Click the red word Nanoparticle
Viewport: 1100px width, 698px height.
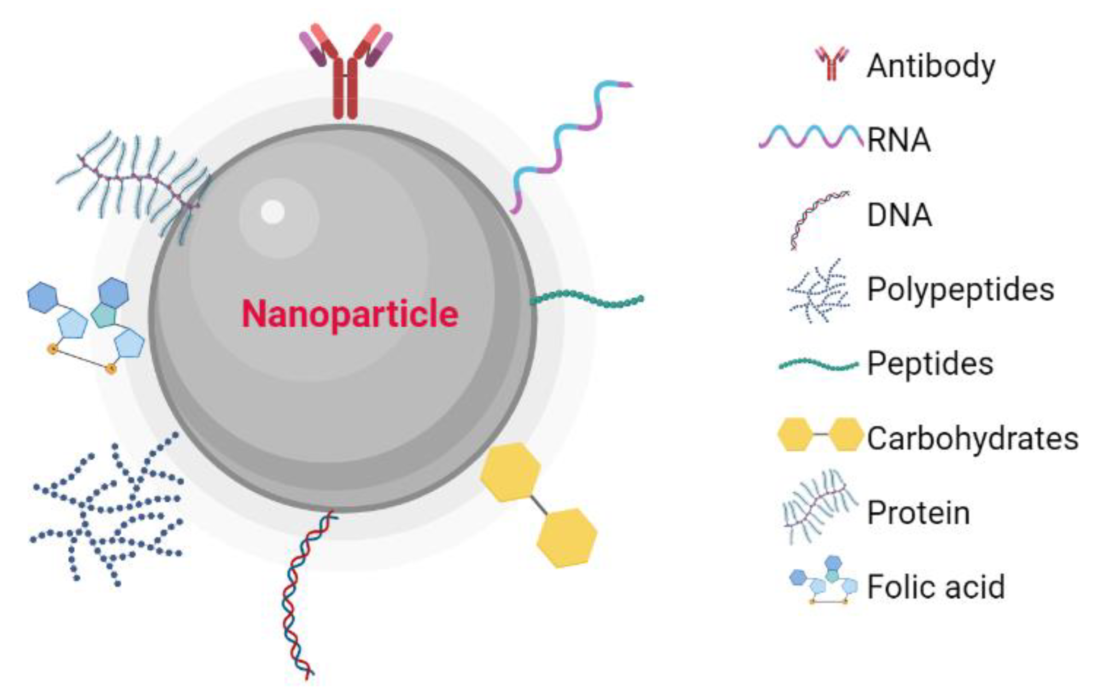click(x=350, y=314)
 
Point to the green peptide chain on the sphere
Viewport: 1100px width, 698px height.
click(x=587, y=299)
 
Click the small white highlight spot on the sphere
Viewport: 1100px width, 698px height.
click(x=273, y=212)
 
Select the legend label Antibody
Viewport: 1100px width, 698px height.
click(x=931, y=67)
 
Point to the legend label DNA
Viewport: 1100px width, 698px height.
click(x=899, y=215)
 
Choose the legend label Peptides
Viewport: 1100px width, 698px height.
click(x=930, y=364)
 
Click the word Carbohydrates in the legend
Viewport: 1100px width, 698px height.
click(x=973, y=438)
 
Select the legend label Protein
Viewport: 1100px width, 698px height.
click(x=918, y=513)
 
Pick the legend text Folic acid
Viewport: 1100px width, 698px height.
click(x=936, y=586)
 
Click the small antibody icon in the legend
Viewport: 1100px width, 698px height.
click(x=832, y=64)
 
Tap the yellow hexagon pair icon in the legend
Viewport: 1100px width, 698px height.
click(x=820, y=434)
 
